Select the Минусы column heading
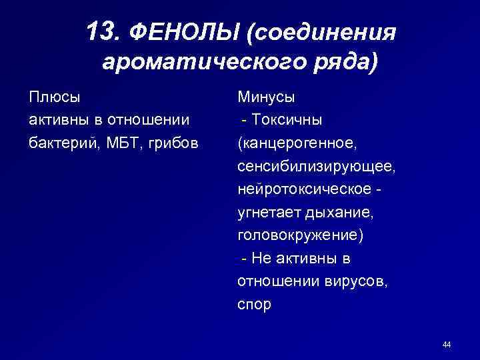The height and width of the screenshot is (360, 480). point(267,97)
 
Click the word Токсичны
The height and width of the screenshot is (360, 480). point(287,120)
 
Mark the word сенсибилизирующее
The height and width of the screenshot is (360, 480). point(317,166)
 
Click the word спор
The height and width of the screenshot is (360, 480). point(254,305)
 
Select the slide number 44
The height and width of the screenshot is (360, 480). point(447,344)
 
